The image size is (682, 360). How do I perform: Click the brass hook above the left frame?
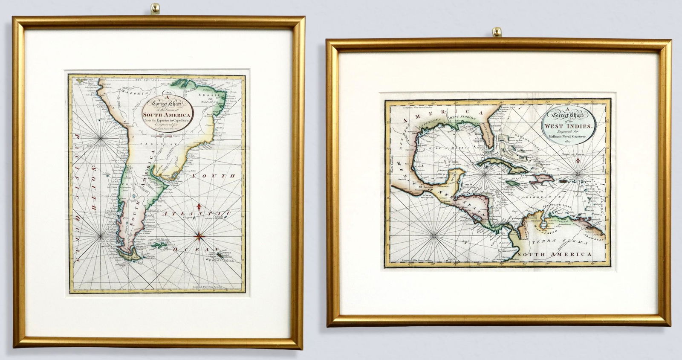[156, 8]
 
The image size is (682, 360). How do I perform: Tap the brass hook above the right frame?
[496, 32]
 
